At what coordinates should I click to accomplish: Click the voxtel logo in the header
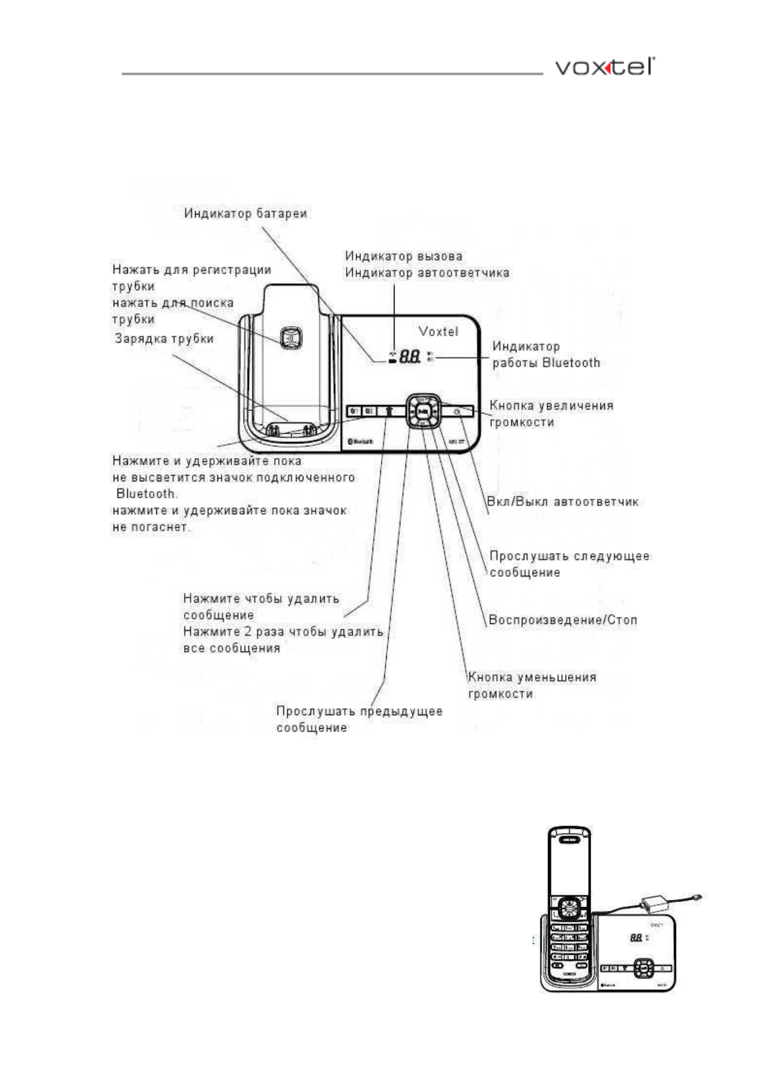tap(604, 67)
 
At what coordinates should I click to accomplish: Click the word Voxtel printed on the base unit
tap(438, 331)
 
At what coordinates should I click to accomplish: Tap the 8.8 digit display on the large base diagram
tap(410, 356)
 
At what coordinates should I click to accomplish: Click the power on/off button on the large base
tap(456, 411)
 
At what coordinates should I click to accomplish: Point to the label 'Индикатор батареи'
tap(245, 213)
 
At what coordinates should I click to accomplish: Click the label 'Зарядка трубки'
tap(164, 339)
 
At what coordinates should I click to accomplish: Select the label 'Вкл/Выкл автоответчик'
tap(562, 501)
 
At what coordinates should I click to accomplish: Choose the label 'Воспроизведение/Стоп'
tap(563, 620)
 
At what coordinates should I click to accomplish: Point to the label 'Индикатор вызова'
tap(404, 256)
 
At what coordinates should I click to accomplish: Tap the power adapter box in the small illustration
tap(653, 903)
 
